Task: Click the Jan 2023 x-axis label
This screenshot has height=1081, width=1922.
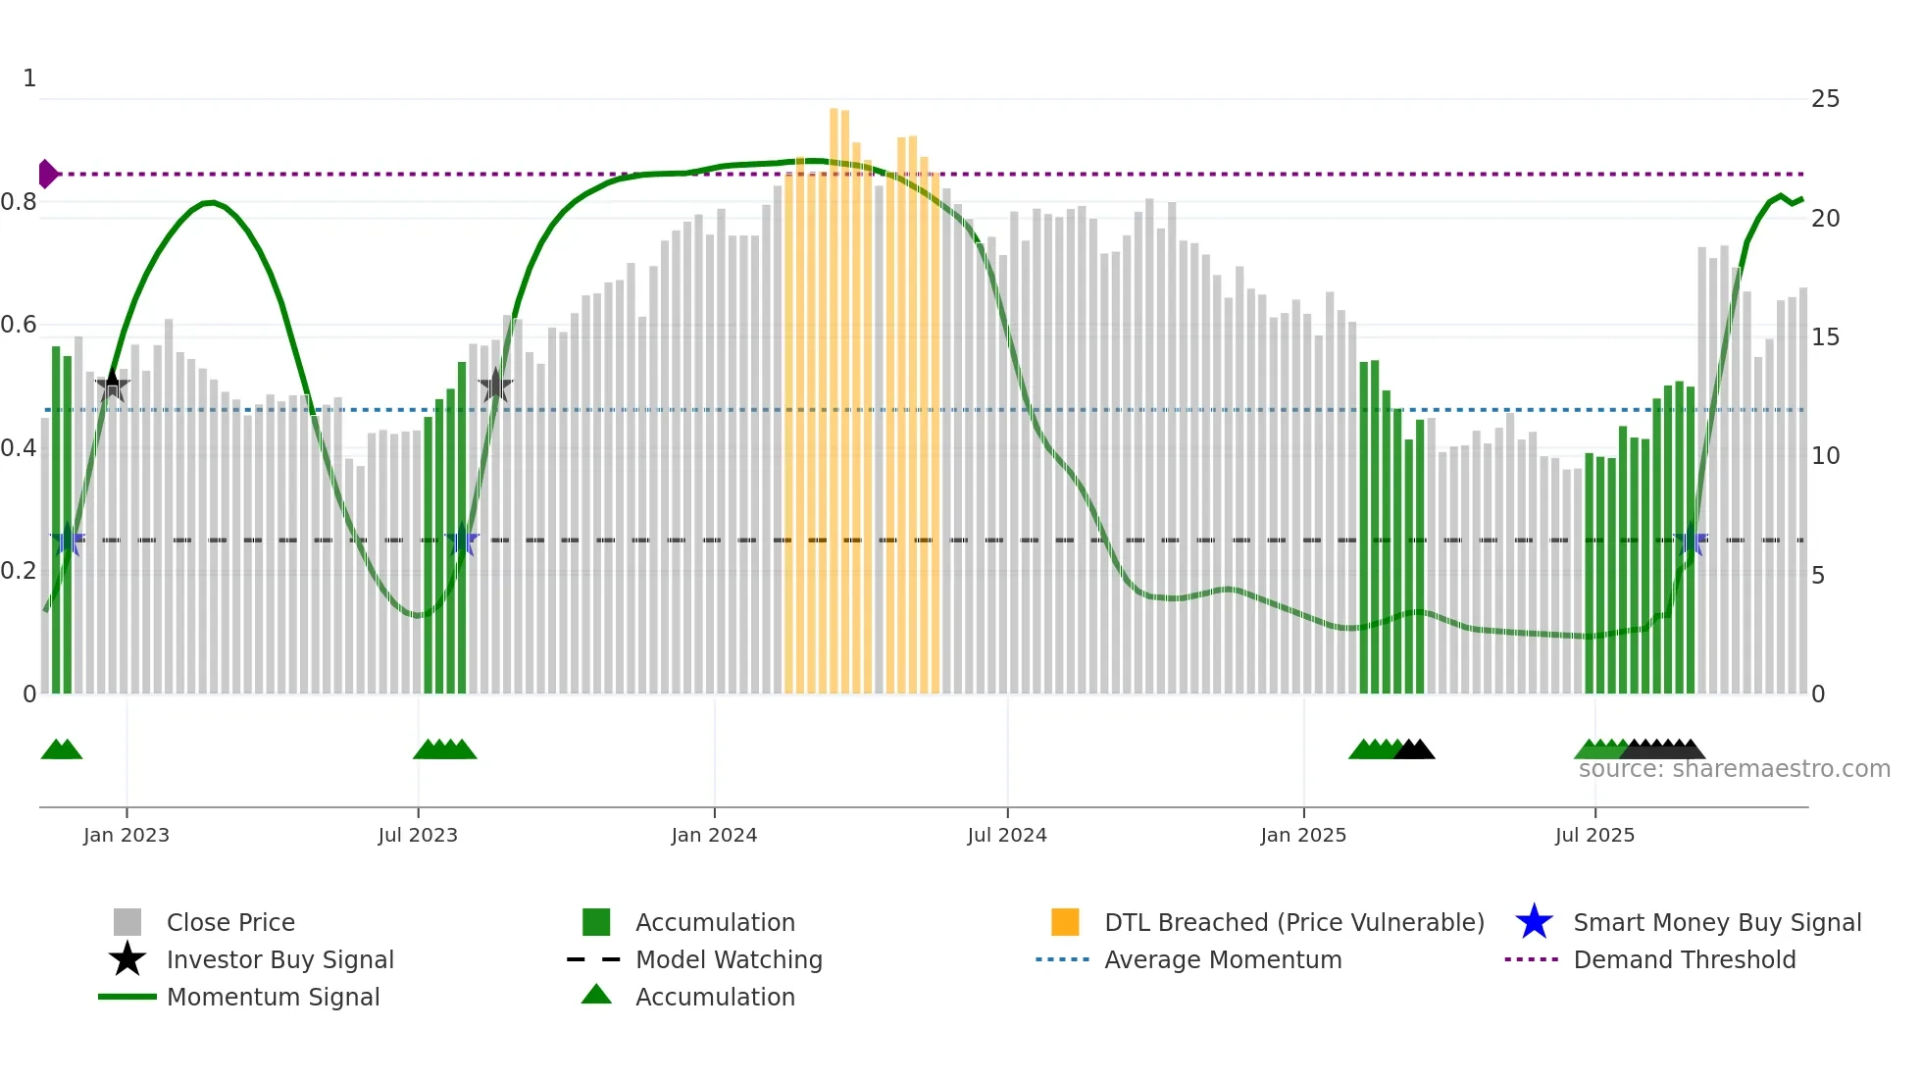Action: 126,835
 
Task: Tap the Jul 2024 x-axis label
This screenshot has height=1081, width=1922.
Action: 1007,835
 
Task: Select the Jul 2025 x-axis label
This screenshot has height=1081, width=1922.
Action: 1594,835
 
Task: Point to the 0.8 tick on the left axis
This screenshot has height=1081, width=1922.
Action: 19,202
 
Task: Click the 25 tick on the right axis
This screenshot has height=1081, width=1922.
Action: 1825,99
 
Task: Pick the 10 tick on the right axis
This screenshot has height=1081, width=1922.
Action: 1825,456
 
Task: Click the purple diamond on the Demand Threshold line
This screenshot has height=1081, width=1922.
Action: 47,174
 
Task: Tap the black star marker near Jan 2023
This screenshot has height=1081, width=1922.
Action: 112,386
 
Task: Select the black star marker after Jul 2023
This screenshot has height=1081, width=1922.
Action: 495,386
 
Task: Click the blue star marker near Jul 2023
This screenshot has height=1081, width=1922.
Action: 461,540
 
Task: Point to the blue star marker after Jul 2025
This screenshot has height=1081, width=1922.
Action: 1691,540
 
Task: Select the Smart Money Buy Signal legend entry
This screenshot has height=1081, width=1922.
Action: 1716,922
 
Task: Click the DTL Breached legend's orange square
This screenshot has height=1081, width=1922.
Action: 1065,922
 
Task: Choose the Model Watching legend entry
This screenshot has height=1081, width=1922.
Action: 728,959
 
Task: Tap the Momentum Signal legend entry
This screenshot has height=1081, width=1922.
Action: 273,997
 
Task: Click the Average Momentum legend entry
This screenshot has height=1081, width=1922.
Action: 1222,959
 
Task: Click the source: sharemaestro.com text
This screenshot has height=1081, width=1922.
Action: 1734,769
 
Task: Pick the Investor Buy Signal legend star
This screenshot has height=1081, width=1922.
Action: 127,959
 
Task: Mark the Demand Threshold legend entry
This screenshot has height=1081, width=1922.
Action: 1684,959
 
